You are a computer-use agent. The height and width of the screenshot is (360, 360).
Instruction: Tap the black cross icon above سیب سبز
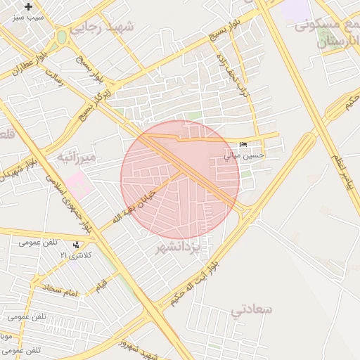[28, 6]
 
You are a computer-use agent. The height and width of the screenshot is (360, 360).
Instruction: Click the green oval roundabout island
[62, 37]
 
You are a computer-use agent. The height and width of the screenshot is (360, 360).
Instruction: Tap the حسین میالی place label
[245, 155]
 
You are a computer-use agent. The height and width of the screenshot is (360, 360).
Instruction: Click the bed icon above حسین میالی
[244, 145]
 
